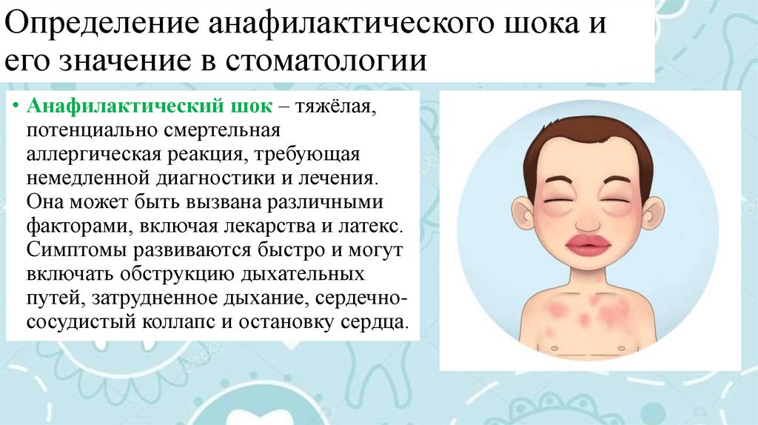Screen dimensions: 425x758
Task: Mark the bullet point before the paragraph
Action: click(16, 108)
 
